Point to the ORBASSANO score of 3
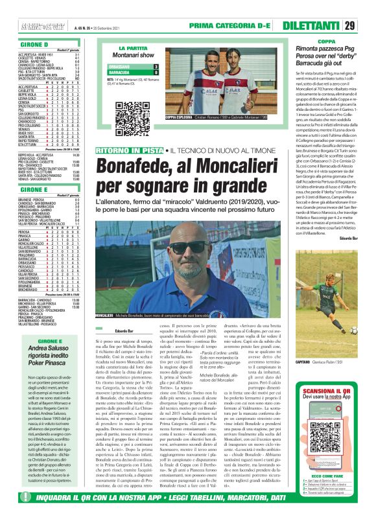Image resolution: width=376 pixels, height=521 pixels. (156, 67)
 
